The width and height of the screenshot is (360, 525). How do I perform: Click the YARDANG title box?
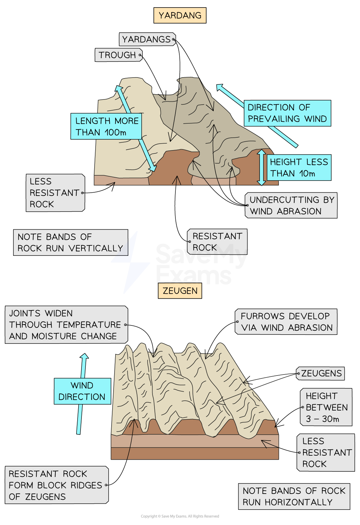(x=180, y=15)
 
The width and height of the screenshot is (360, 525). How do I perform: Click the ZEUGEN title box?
(x=180, y=290)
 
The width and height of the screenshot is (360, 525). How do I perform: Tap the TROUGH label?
(x=118, y=55)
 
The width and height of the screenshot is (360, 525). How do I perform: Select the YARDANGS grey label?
(x=147, y=39)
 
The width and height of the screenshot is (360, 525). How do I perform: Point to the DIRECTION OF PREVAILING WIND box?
(x=287, y=113)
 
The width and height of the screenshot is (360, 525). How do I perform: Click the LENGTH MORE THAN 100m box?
(x=106, y=126)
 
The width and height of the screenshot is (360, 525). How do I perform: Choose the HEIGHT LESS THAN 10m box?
(x=298, y=167)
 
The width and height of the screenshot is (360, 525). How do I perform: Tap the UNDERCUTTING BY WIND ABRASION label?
(x=291, y=205)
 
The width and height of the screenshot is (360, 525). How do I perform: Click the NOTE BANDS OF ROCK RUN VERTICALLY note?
(x=70, y=242)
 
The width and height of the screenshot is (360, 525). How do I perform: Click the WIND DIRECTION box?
(x=82, y=391)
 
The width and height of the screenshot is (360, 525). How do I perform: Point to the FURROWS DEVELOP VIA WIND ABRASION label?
(x=286, y=322)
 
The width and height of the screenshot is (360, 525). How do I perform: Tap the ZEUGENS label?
(x=320, y=373)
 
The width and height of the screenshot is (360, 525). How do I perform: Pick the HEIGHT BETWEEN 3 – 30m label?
(x=326, y=407)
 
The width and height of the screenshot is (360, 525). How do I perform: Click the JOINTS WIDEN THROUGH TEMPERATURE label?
(x=66, y=324)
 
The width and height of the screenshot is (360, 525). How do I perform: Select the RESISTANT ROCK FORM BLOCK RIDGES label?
(x=56, y=485)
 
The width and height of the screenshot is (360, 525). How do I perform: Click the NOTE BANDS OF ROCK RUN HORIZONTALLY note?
(x=294, y=496)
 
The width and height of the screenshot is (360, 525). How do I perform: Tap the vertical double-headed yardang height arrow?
(x=261, y=167)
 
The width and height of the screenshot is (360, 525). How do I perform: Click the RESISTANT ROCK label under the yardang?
(x=217, y=242)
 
